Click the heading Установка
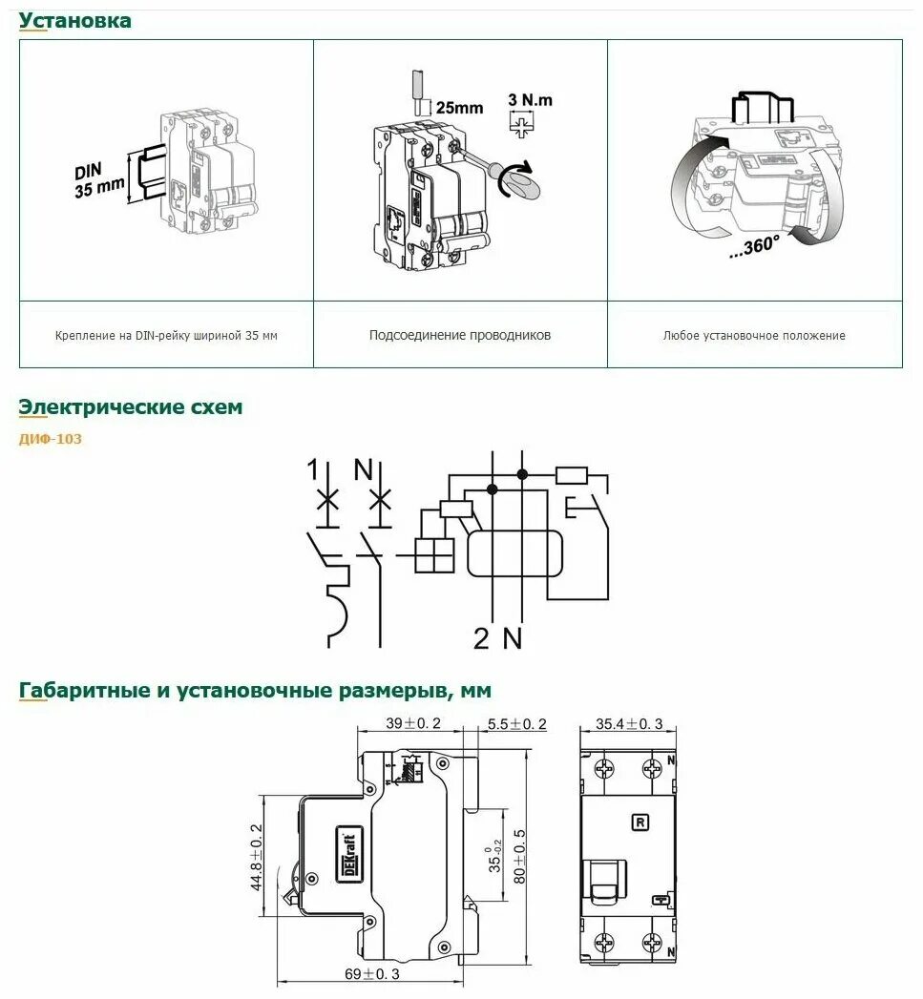75,20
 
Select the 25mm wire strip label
458,108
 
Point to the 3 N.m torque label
530,100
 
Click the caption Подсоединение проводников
460,335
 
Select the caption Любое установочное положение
754,335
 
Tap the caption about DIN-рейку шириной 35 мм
166,335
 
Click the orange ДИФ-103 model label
51,440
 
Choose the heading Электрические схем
131,407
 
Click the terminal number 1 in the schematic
312,469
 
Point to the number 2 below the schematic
482,638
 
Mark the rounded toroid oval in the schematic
514,552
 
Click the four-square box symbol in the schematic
434,553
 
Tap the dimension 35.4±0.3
629,724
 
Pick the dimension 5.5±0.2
515,724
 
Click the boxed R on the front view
639,822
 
